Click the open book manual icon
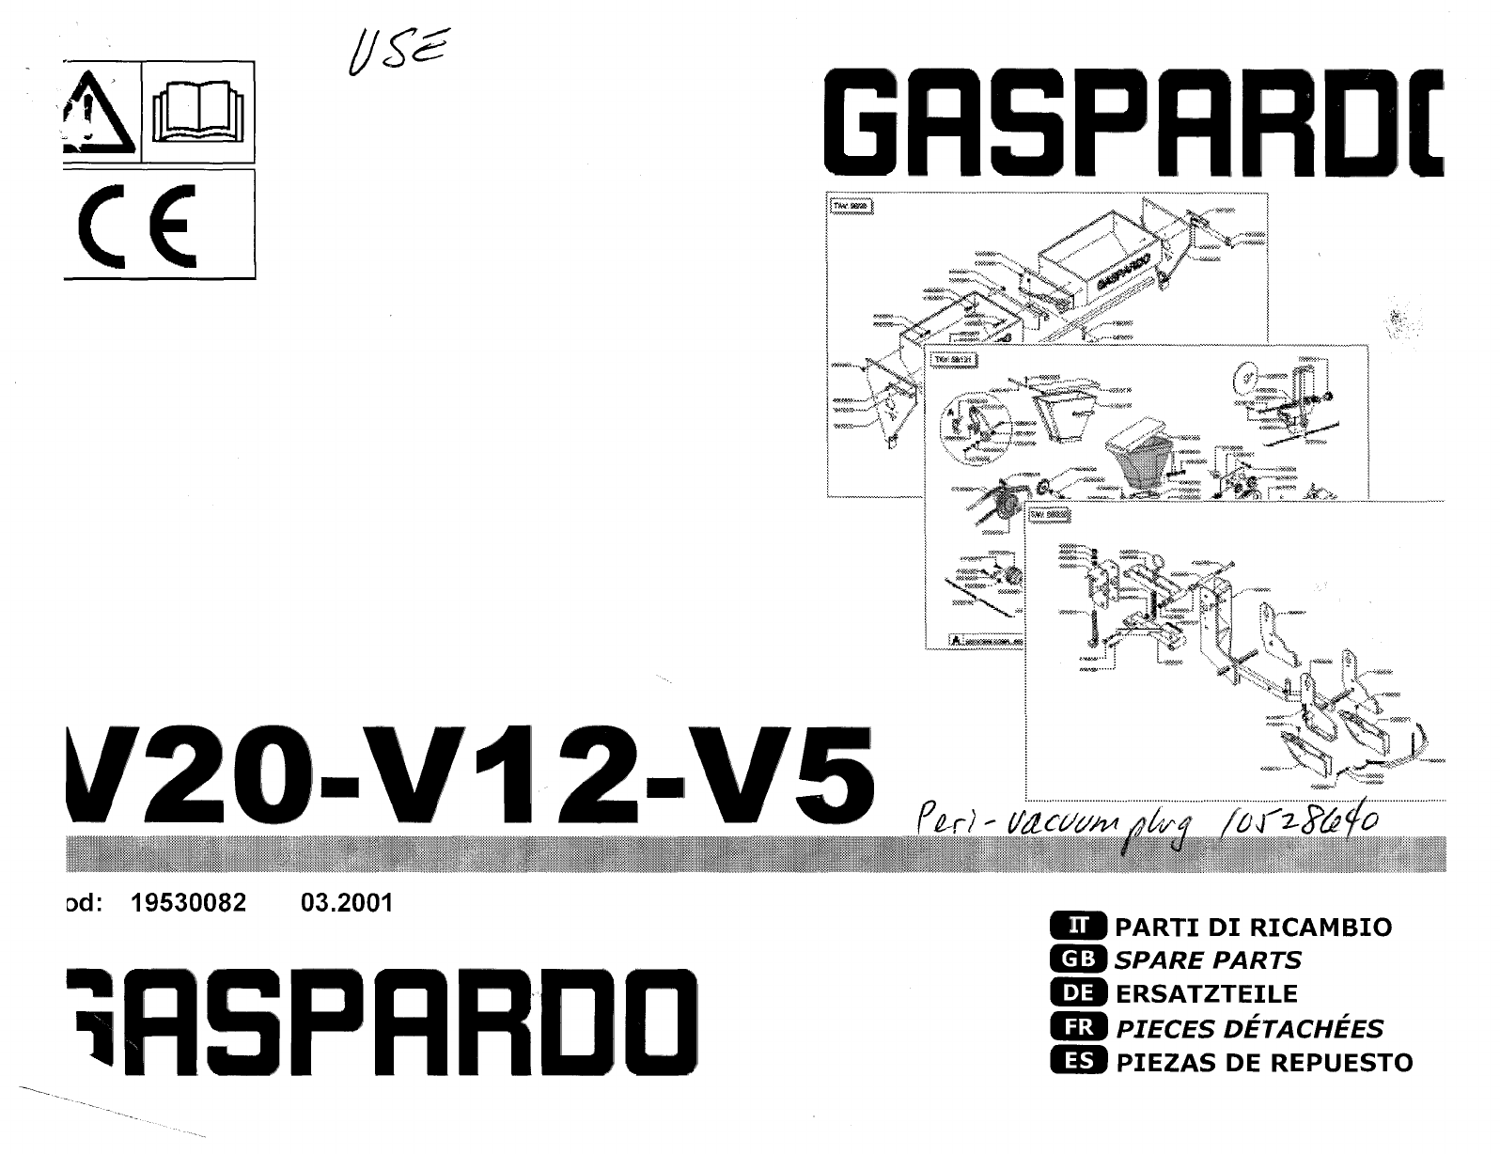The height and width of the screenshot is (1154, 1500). (197, 113)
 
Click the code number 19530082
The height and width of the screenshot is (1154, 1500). (188, 903)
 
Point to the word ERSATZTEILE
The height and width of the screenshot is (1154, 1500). (1206, 994)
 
